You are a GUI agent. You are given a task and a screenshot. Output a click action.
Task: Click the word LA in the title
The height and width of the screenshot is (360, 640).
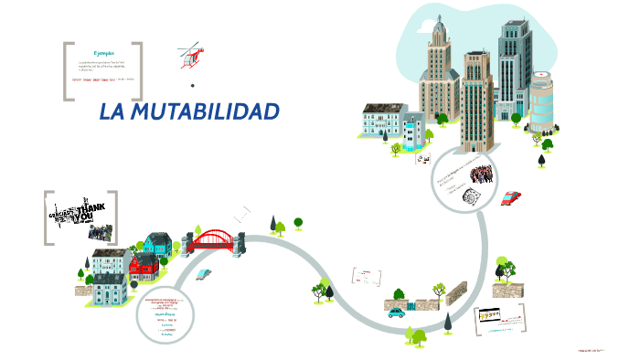pyautogui.click(x=111, y=112)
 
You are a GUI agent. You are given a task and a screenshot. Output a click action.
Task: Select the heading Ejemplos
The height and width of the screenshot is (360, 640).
pyautogui.click(x=102, y=52)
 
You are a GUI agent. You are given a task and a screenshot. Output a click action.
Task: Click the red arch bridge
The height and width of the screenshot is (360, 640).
pyautogui.click(x=213, y=240)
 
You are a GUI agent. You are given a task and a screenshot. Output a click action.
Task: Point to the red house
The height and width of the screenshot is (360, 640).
pyautogui.click(x=144, y=268)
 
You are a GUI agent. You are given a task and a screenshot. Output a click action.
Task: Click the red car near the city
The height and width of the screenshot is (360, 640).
pyautogui.click(x=511, y=197)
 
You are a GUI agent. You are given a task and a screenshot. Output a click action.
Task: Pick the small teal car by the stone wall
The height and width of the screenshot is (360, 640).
pyautogui.click(x=396, y=312)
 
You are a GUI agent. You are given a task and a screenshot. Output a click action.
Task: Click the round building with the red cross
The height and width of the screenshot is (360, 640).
pyautogui.click(x=542, y=102)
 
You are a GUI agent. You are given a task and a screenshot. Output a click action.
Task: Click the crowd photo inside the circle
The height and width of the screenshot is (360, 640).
pyautogui.click(x=481, y=173)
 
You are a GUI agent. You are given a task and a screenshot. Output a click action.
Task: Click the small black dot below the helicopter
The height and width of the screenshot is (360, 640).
pyautogui.click(x=193, y=85)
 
